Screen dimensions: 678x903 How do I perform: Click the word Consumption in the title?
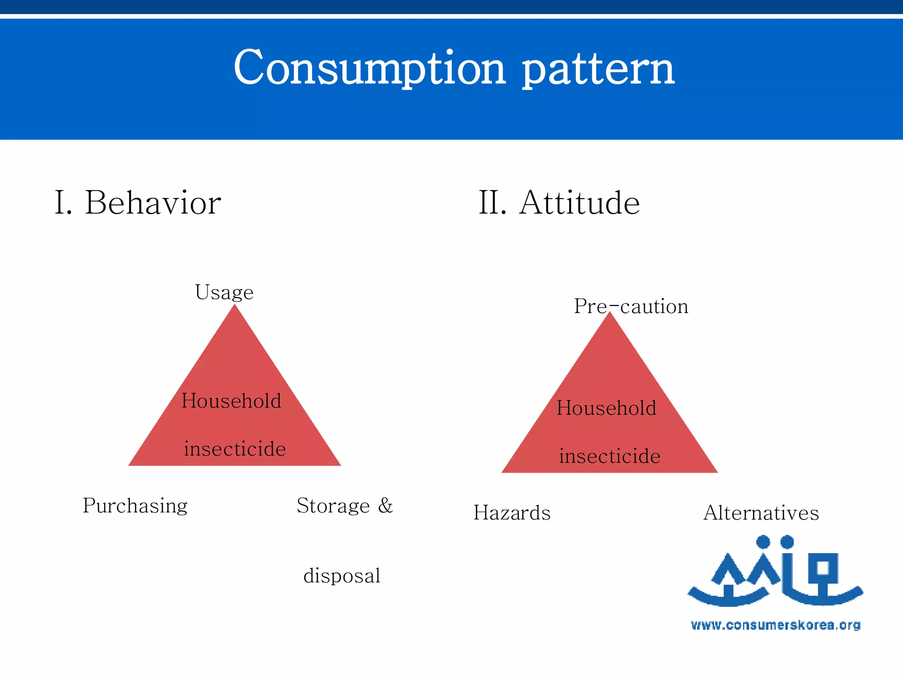click(369, 68)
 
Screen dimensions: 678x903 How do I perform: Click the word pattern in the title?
click(598, 71)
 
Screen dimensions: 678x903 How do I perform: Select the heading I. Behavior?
click(138, 203)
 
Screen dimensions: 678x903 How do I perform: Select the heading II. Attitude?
click(559, 203)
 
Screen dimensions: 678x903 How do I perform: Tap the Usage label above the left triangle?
click(224, 293)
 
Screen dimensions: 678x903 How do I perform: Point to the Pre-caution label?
click(631, 306)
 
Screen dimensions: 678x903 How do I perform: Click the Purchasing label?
click(135, 506)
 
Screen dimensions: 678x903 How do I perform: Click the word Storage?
click(333, 506)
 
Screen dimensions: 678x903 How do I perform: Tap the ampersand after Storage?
click(385, 505)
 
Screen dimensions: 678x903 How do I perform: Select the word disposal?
click(342, 576)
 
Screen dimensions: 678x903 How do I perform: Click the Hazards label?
click(512, 513)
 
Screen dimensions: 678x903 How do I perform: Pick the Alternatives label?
click(761, 513)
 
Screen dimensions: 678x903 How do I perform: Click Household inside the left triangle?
click(231, 401)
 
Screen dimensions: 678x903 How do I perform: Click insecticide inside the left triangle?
click(235, 449)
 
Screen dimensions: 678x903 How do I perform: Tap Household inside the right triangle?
click(606, 408)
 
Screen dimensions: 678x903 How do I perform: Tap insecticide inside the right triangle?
click(609, 456)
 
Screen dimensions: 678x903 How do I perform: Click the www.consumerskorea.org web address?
click(775, 625)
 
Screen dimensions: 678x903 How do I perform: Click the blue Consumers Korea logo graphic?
click(775, 572)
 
